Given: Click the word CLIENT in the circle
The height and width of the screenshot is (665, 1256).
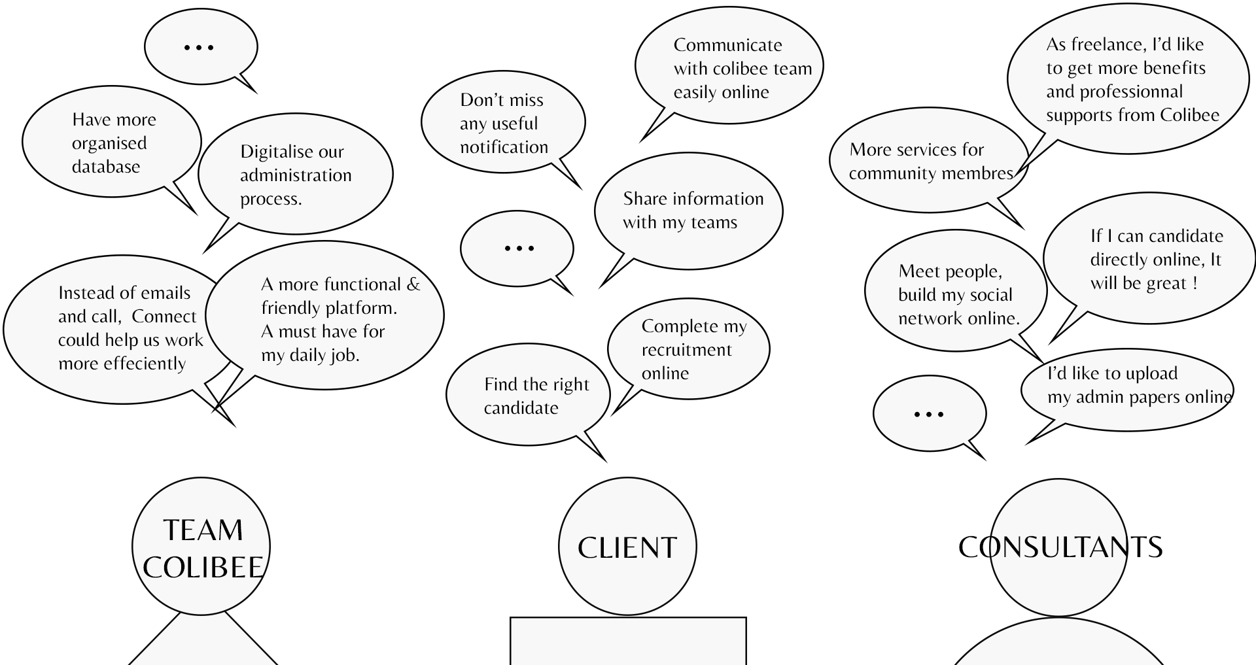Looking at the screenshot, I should pos(627,548).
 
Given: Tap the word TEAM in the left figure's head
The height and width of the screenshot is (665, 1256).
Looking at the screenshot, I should pos(203,530).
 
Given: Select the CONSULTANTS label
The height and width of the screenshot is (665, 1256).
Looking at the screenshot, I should pos(1060,547).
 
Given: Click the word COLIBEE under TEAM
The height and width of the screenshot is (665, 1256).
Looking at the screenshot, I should pos(203,568).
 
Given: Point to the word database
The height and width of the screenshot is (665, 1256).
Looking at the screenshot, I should pos(106,167).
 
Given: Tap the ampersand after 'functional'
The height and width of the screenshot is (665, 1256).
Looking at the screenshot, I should pos(413,284).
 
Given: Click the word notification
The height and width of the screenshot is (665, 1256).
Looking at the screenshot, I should pos(504,147).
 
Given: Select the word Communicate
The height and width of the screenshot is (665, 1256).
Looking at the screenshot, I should pos(727,45).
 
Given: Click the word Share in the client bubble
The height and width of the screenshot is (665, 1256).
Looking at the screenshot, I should pos(646,199).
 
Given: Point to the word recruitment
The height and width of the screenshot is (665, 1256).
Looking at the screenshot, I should pos(686,350).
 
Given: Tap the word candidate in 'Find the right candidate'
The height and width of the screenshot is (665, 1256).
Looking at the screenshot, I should pos(521,408).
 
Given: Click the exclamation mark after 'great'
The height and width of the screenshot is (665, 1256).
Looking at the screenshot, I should pos(1195,283).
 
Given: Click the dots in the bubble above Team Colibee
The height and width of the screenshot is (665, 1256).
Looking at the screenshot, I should pos(200,47).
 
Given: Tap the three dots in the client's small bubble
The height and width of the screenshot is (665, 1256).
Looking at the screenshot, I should pos(519,248).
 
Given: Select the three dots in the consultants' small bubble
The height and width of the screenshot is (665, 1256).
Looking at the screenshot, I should pos(929,414).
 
